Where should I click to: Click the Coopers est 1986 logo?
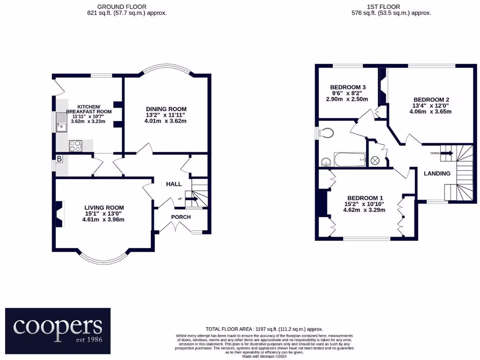(x=58, y=330)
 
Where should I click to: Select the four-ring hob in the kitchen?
(x=75, y=146)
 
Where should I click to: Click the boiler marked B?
(x=59, y=159)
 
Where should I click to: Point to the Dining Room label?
(x=165, y=109)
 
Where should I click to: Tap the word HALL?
(x=173, y=184)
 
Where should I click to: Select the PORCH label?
(x=180, y=217)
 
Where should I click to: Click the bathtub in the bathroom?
(x=349, y=159)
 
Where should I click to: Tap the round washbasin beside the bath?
(x=326, y=162)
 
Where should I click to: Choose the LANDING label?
(x=437, y=173)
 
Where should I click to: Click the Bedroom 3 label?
(x=348, y=87)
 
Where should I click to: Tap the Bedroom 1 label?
(x=366, y=198)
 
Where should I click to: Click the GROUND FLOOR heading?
(x=122, y=7)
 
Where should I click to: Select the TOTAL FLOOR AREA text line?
(x=264, y=330)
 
